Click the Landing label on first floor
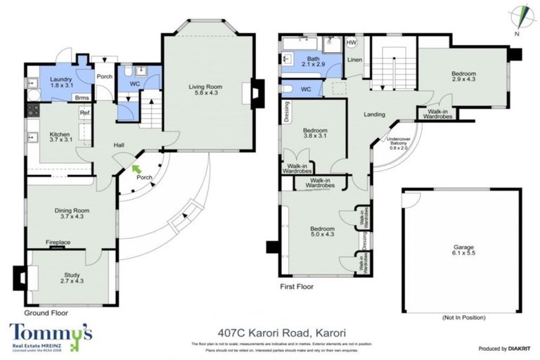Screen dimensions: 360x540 coord(375,114)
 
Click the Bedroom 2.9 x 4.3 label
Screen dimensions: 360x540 coord(464,77)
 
